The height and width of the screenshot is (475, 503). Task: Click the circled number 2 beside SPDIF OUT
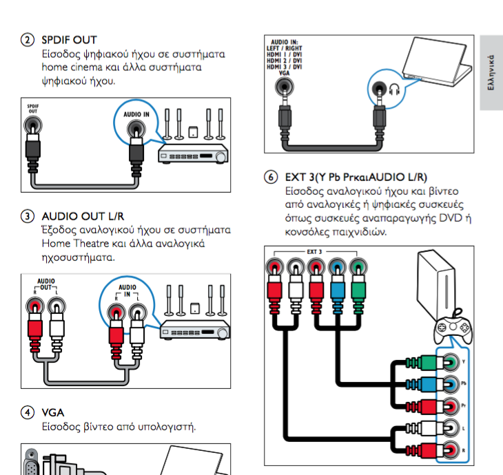point(27,40)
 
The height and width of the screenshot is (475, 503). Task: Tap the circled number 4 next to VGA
point(27,412)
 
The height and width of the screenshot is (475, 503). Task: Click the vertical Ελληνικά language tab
point(491,72)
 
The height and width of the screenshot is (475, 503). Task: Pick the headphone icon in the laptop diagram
point(391,88)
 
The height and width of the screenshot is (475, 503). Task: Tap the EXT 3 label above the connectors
point(314,252)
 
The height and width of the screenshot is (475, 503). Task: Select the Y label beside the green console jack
point(464,361)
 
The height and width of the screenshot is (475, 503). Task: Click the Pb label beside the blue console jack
point(464,383)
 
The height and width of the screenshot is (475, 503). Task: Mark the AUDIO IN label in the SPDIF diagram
point(136,114)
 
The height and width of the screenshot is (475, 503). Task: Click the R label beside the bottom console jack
point(464,449)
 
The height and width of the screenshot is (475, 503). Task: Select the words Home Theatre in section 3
point(74,244)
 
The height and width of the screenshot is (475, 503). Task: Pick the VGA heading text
point(52,412)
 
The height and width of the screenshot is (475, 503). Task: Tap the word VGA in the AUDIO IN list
point(274,72)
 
